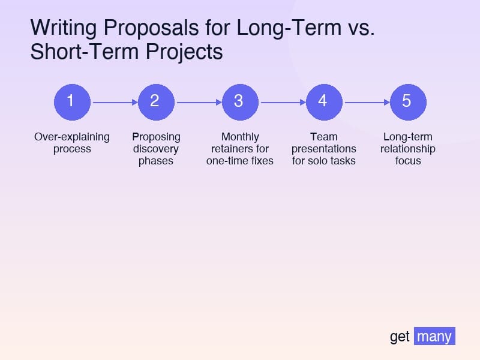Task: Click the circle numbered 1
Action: pyautogui.click(x=72, y=101)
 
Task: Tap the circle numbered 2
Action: pyautogui.click(x=156, y=101)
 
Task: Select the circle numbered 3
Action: pyautogui.click(x=240, y=101)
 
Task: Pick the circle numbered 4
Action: pyautogui.click(x=324, y=101)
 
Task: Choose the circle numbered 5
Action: pyautogui.click(x=408, y=101)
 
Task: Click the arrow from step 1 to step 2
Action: pyautogui.click(x=114, y=102)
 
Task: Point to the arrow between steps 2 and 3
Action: pyautogui.click(x=198, y=102)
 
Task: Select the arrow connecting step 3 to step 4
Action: pyautogui.click(x=282, y=102)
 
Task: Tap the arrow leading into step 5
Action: pyautogui.click(x=366, y=102)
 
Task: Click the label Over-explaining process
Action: pyautogui.click(x=72, y=143)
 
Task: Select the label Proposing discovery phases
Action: pyautogui.click(x=156, y=149)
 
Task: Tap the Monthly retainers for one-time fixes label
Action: pyautogui.click(x=240, y=149)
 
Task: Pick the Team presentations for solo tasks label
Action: pyautogui.click(x=324, y=149)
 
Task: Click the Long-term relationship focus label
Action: pyautogui.click(x=408, y=149)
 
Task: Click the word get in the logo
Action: pyautogui.click(x=400, y=337)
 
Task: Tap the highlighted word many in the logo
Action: pyautogui.click(x=434, y=336)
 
